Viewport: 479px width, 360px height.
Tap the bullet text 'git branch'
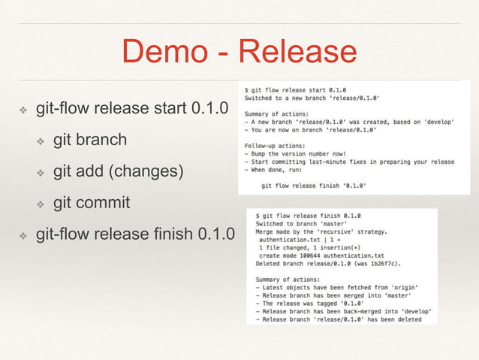pos(89,140)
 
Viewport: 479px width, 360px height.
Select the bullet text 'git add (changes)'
pos(118,171)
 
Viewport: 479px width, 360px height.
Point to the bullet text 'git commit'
pos(92,203)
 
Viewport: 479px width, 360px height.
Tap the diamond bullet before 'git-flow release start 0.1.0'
pos(23,110)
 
